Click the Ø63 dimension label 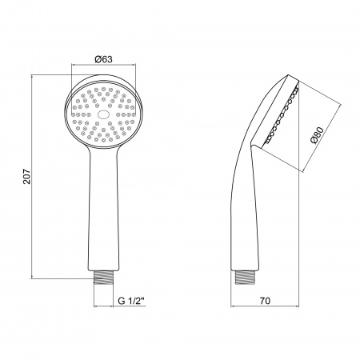coord(100,58)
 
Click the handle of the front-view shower coord(100,208)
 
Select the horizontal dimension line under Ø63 coord(100,66)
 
